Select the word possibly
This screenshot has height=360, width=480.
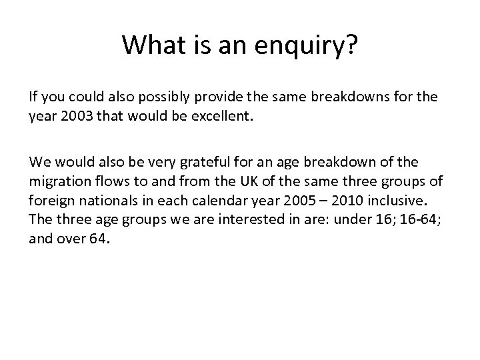click(x=158, y=97)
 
